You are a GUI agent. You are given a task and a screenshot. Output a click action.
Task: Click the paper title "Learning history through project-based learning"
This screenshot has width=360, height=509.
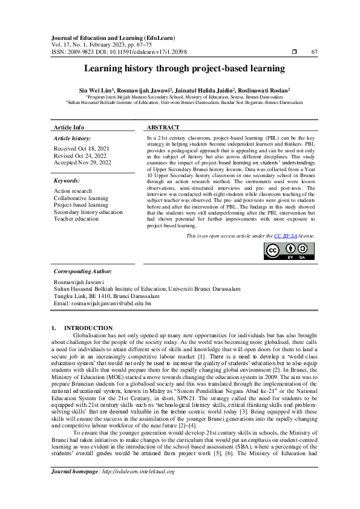[180, 70]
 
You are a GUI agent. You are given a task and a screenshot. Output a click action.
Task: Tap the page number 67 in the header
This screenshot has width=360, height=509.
[314, 53]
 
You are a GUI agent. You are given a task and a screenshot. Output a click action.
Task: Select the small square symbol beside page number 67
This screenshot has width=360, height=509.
[293, 53]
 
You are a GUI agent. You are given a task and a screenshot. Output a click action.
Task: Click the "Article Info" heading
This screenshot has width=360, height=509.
[69, 128]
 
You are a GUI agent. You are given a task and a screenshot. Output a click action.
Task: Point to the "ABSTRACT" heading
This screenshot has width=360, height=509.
[163, 128]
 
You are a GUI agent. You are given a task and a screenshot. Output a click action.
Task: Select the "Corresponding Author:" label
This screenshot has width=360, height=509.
[82, 272]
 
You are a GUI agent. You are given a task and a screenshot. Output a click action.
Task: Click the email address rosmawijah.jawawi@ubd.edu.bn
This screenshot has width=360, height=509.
[102, 303]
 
